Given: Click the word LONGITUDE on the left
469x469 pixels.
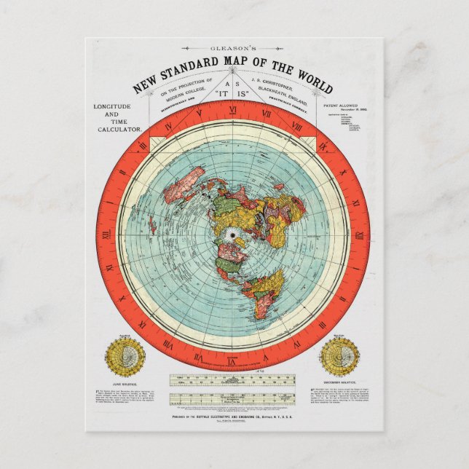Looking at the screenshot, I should tap(113, 106).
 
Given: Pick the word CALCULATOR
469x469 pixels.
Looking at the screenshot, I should tap(118, 130).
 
